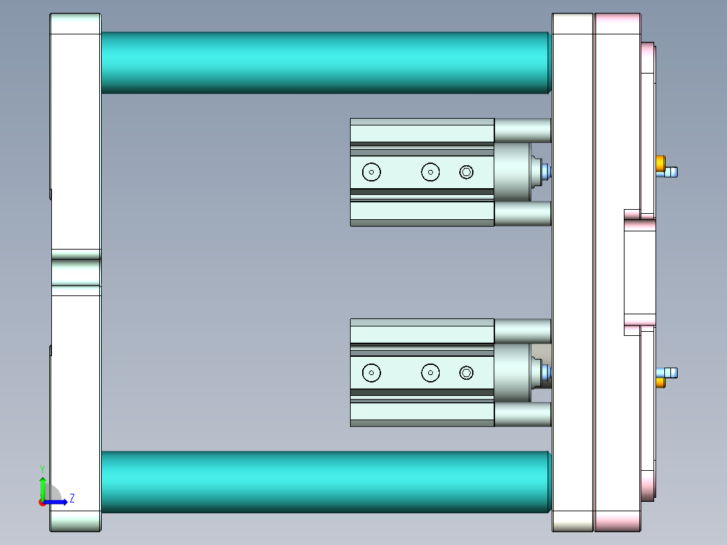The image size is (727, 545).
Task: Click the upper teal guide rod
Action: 324,62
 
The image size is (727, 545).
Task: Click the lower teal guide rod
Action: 324,482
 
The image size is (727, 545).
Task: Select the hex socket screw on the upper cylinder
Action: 467,172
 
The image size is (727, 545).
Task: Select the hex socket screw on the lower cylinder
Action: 467,372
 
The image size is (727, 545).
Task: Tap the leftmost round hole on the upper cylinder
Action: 371,172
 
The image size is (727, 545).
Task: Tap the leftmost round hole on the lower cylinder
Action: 371,372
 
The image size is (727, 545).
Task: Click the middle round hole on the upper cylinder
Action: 430,172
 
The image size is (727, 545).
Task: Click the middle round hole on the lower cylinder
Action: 430,372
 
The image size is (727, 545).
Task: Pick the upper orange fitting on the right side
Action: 660,163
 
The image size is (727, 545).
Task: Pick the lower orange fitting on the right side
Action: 660,382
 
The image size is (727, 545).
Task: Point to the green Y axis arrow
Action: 42,487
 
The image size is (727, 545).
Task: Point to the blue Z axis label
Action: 71,498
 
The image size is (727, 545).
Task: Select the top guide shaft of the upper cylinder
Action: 523,130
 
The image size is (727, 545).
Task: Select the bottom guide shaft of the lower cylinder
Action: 523,414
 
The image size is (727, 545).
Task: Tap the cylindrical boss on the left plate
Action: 76,272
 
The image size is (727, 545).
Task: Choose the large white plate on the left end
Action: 76,135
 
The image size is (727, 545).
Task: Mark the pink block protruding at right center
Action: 640,273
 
